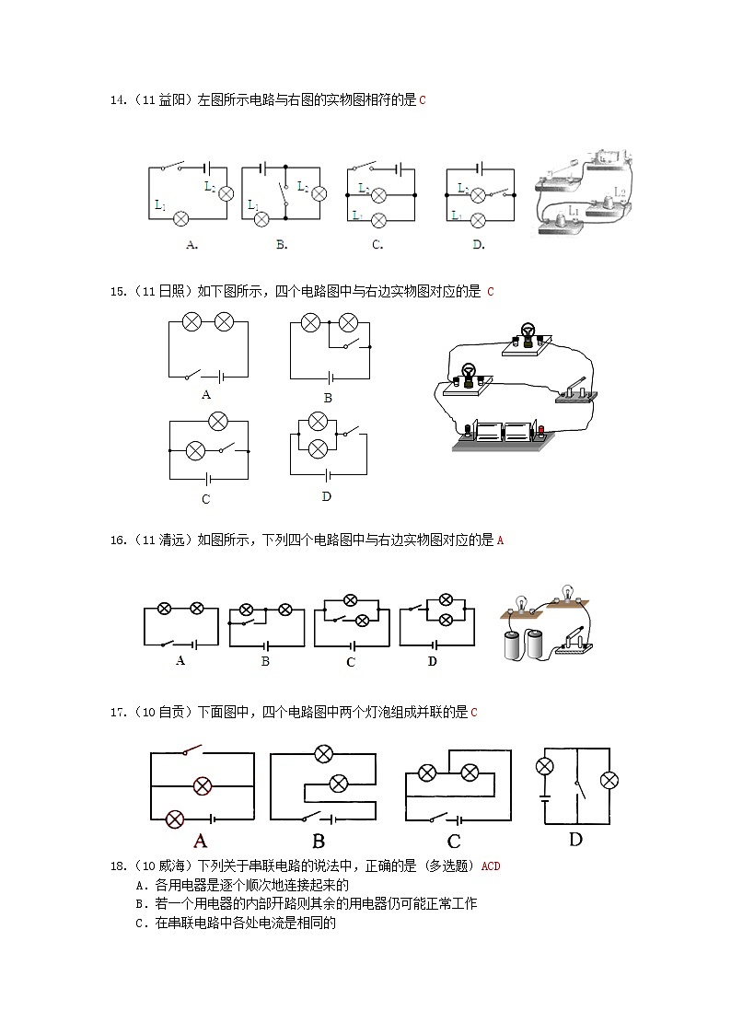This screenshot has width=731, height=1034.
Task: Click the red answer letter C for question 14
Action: click(x=423, y=100)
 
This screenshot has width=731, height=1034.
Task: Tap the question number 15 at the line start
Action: click(x=117, y=292)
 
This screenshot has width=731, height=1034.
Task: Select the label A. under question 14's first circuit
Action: click(x=191, y=245)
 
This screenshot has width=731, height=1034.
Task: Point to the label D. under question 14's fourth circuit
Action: click(x=478, y=245)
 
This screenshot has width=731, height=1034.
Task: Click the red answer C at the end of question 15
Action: click(x=491, y=292)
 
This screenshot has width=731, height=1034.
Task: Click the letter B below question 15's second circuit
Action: click(x=327, y=398)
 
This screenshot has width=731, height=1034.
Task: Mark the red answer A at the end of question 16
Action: click(x=500, y=540)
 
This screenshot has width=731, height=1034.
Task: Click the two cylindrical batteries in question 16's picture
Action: click(x=521, y=645)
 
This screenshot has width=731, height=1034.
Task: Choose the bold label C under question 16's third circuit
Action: click(x=351, y=662)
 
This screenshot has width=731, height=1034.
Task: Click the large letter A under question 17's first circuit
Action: click(x=200, y=840)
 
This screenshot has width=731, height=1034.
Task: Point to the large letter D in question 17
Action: click(x=575, y=839)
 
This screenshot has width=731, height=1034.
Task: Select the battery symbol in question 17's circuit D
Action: click(x=544, y=800)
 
